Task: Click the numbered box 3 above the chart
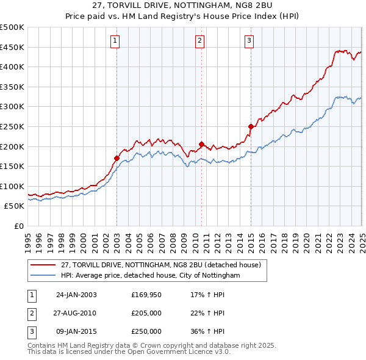[249, 41]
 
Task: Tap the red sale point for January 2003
[117, 158]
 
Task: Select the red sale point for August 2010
[201, 144]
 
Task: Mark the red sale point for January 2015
[250, 126]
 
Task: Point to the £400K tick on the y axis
[12, 67]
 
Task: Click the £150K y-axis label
[12, 166]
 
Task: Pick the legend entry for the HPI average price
[150, 276]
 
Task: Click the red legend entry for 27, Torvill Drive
[160, 265]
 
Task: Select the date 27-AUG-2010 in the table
[76, 313]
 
